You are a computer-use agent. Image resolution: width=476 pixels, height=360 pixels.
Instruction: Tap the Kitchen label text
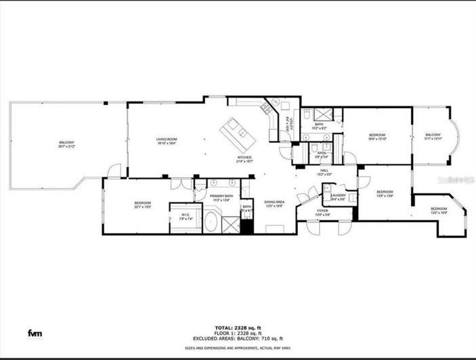(244, 159)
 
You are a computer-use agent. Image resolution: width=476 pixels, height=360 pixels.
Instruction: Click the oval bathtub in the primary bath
(211, 221)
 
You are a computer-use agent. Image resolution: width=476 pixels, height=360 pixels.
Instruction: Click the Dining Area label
(274, 204)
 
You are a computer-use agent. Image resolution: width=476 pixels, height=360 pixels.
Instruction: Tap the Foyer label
(323, 212)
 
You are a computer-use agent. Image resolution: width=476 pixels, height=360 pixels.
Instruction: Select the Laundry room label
(338, 197)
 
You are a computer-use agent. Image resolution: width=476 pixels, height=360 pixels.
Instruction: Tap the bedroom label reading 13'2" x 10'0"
(439, 210)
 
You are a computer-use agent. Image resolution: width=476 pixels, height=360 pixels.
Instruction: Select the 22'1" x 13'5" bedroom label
(142, 204)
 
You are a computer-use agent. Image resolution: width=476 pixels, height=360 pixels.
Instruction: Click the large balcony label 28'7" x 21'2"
(66, 143)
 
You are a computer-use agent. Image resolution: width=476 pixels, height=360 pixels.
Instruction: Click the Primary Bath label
(221, 198)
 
